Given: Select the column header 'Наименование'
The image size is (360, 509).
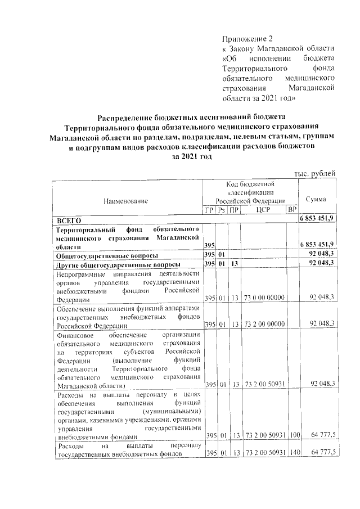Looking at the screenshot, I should (125, 201).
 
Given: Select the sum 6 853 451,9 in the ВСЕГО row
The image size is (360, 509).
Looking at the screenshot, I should (316, 219).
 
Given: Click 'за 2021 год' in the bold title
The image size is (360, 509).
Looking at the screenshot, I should (191, 157).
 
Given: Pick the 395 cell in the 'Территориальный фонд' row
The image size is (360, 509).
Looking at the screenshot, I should (209, 246).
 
